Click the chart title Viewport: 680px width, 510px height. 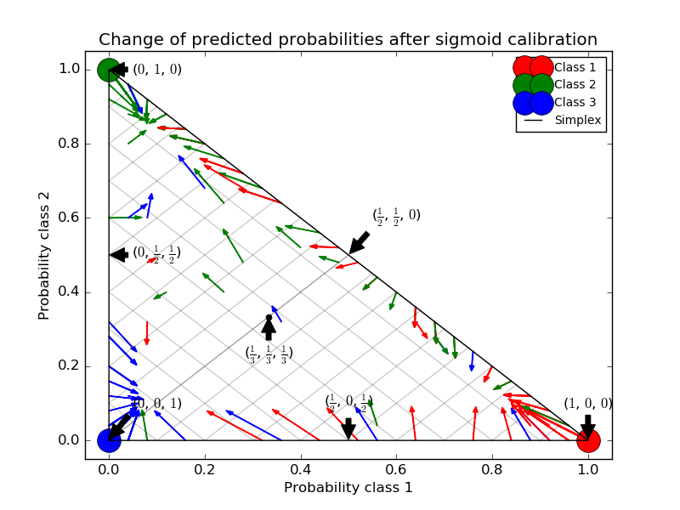pos(348,40)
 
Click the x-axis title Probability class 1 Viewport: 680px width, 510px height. pos(348,488)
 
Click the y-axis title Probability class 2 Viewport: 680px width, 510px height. pos(43,254)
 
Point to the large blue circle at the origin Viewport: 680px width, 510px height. pos(109,440)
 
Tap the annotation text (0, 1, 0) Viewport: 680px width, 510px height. pos(157,70)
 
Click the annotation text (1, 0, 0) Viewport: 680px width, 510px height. pos(587,404)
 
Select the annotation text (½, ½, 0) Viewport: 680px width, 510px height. pos(396,216)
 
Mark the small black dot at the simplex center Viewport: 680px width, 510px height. pos(269,318)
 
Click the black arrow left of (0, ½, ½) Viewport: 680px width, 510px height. pos(119,254)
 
